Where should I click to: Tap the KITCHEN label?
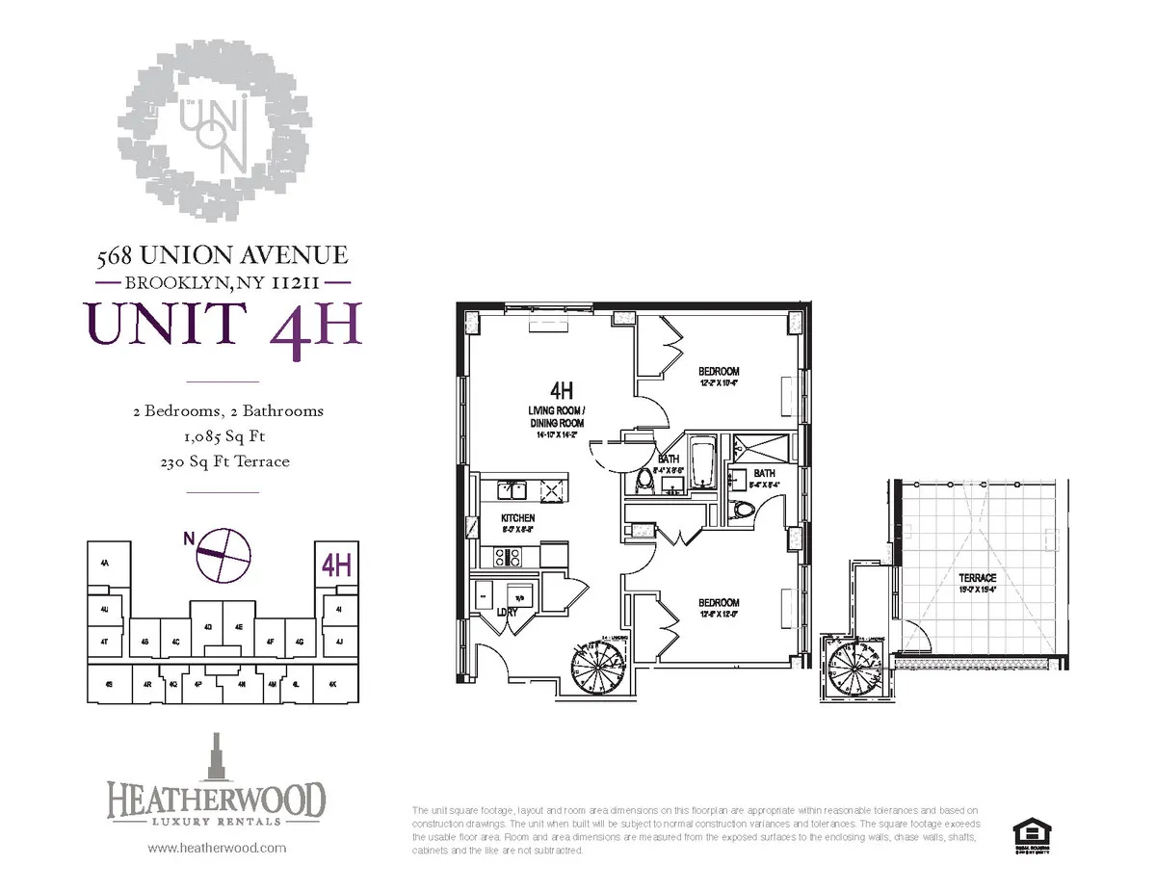[x=517, y=518]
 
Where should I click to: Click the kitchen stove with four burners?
[x=508, y=556]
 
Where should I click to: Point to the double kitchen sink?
[x=511, y=490]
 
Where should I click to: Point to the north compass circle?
[x=224, y=555]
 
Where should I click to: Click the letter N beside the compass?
[x=187, y=539]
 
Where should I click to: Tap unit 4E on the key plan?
[x=240, y=626]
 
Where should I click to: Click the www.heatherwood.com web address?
[x=217, y=849]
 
